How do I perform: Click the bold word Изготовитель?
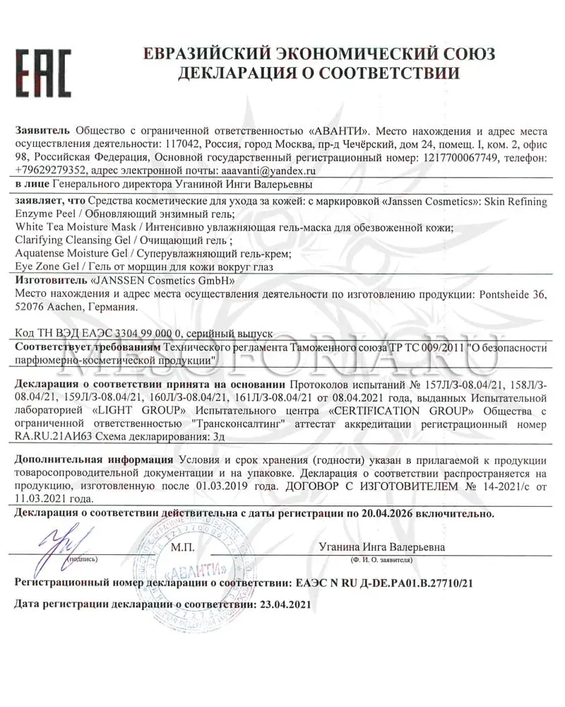[49, 281]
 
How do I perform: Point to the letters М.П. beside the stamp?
[185, 547]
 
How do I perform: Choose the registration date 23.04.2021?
[275, 605]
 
